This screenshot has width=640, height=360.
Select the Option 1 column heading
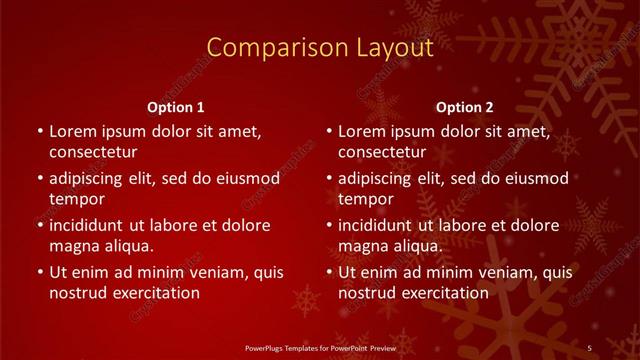pos(176,107)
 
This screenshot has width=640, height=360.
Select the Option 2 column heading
pos(465,107)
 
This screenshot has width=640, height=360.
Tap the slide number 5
pos(590,346)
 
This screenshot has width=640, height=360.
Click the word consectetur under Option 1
pos(93,152)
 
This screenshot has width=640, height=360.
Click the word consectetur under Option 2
pos(382,152)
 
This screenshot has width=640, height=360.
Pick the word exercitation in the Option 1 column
pos(155,293)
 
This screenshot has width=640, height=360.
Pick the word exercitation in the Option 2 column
pos(444,293)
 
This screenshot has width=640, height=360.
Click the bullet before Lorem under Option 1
pos(39,132)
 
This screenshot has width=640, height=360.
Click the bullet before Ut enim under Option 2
pos(328,272)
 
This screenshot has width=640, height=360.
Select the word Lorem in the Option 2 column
pos(361,131)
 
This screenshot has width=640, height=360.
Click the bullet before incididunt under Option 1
pos(39,226)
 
